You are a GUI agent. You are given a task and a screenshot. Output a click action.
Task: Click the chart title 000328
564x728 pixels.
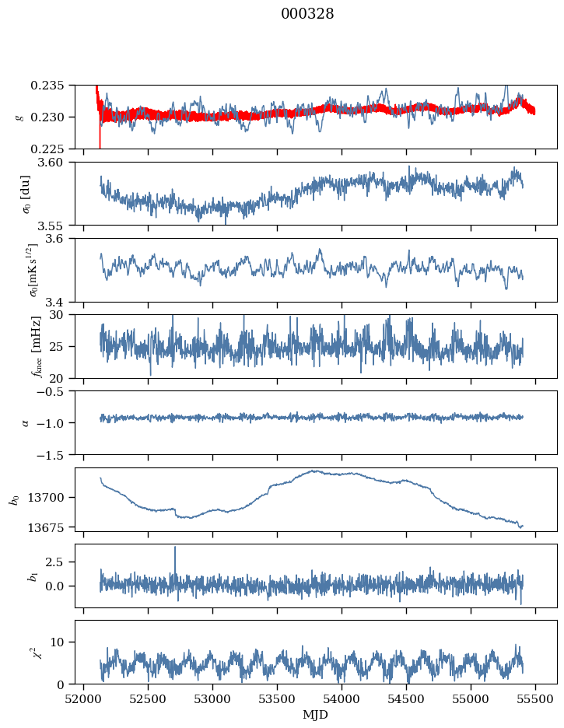click(x=307, y=14)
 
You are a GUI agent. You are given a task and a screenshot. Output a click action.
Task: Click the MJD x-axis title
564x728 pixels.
click(x=316, y=715)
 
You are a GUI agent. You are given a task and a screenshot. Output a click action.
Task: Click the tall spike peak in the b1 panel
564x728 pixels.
click(x=175, y=548)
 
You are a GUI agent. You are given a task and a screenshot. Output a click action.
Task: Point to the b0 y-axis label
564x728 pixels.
click(x=14, y=499)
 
